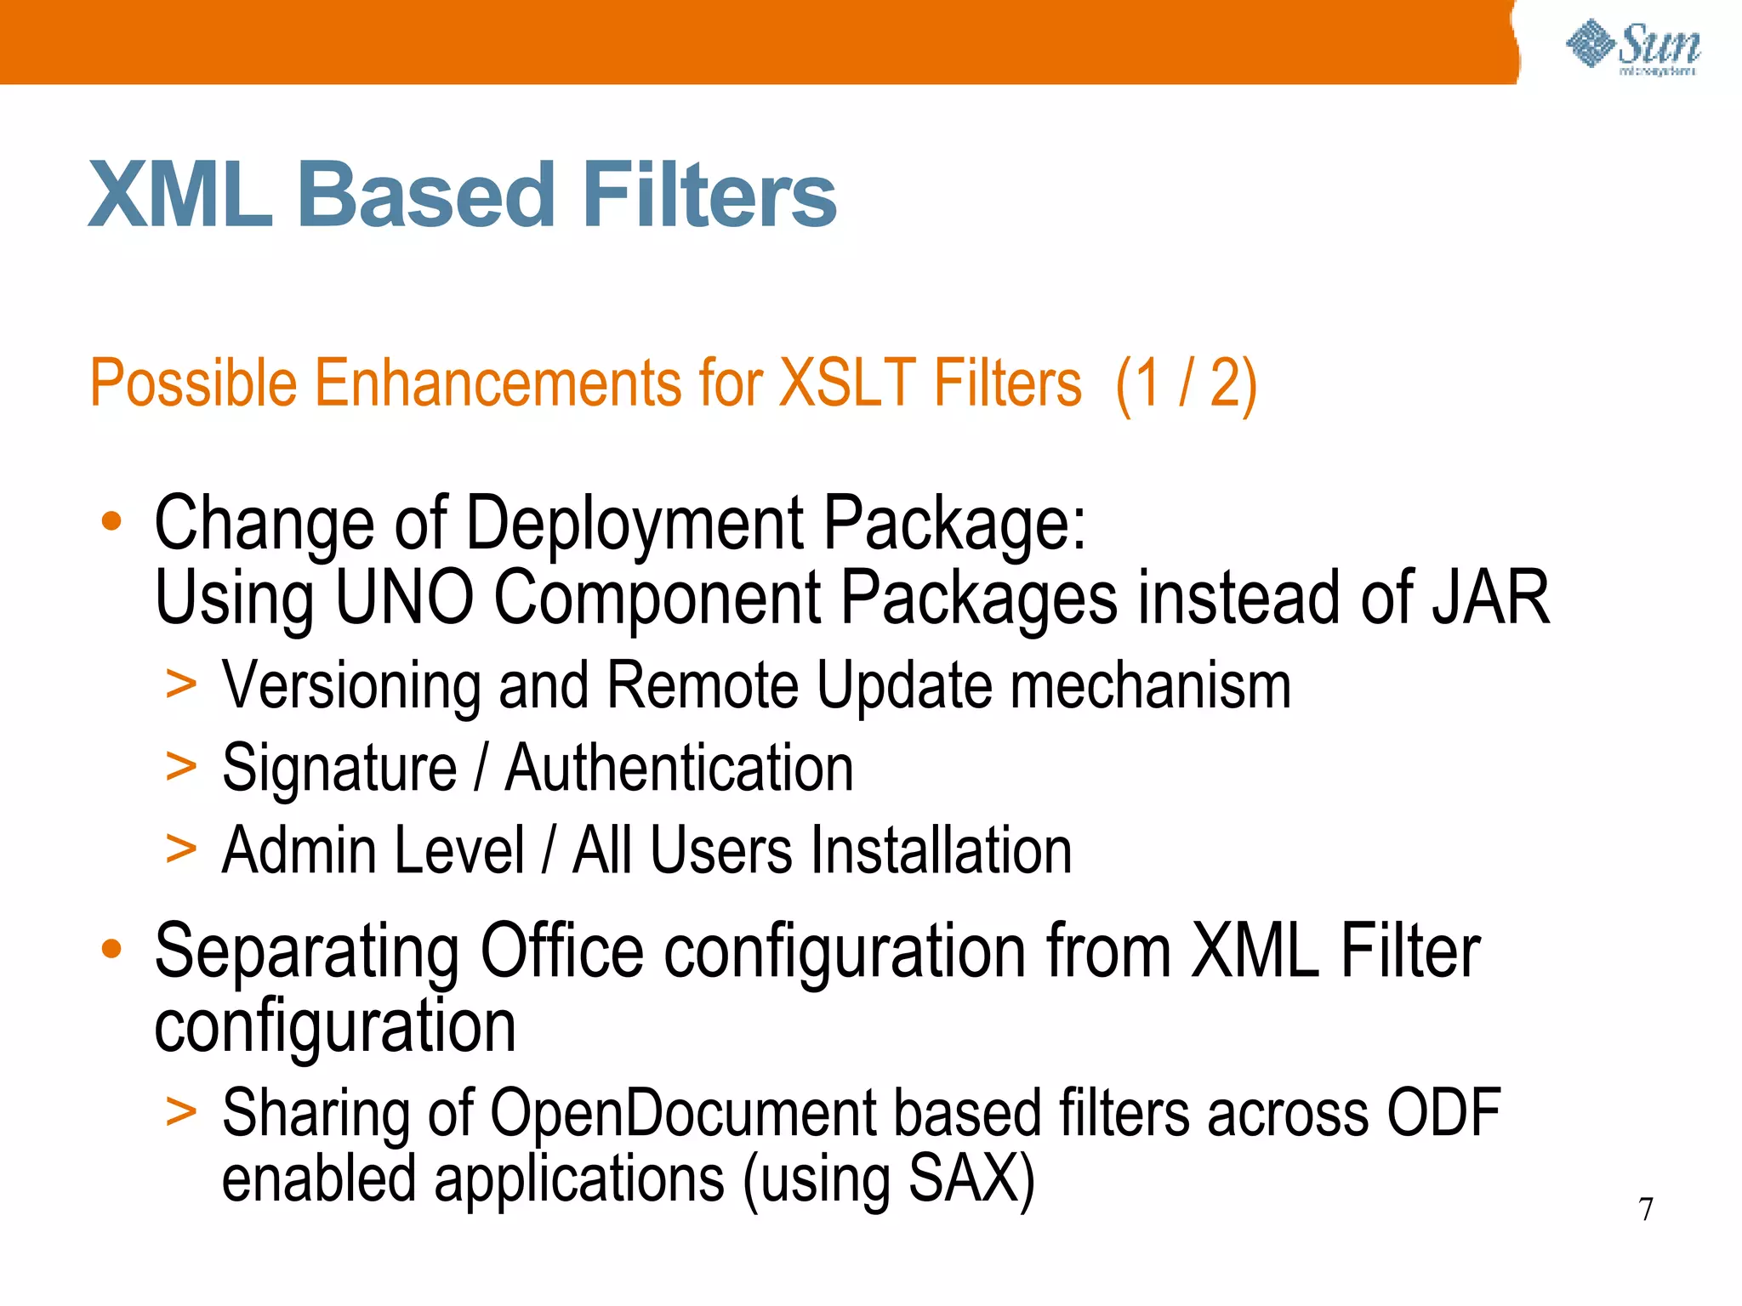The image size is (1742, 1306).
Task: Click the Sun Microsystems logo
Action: (x=1632, y=48)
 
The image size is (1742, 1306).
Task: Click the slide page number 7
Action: (x=1646, y=1208)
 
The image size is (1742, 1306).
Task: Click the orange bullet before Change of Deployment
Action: (x=111, y=520)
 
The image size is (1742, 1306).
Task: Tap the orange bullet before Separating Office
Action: (x=111, y=948)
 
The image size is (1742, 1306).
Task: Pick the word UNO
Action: (x=404, y=598)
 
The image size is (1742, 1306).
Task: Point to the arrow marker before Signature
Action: (x=181, y=765)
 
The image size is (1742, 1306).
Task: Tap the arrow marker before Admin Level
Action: (x=181, y=848)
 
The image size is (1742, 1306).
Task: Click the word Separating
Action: (x=306, y=952)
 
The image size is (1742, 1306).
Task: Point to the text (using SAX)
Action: (x=889, y=1180)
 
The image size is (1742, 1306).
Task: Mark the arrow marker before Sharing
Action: (x=181, y=1110)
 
